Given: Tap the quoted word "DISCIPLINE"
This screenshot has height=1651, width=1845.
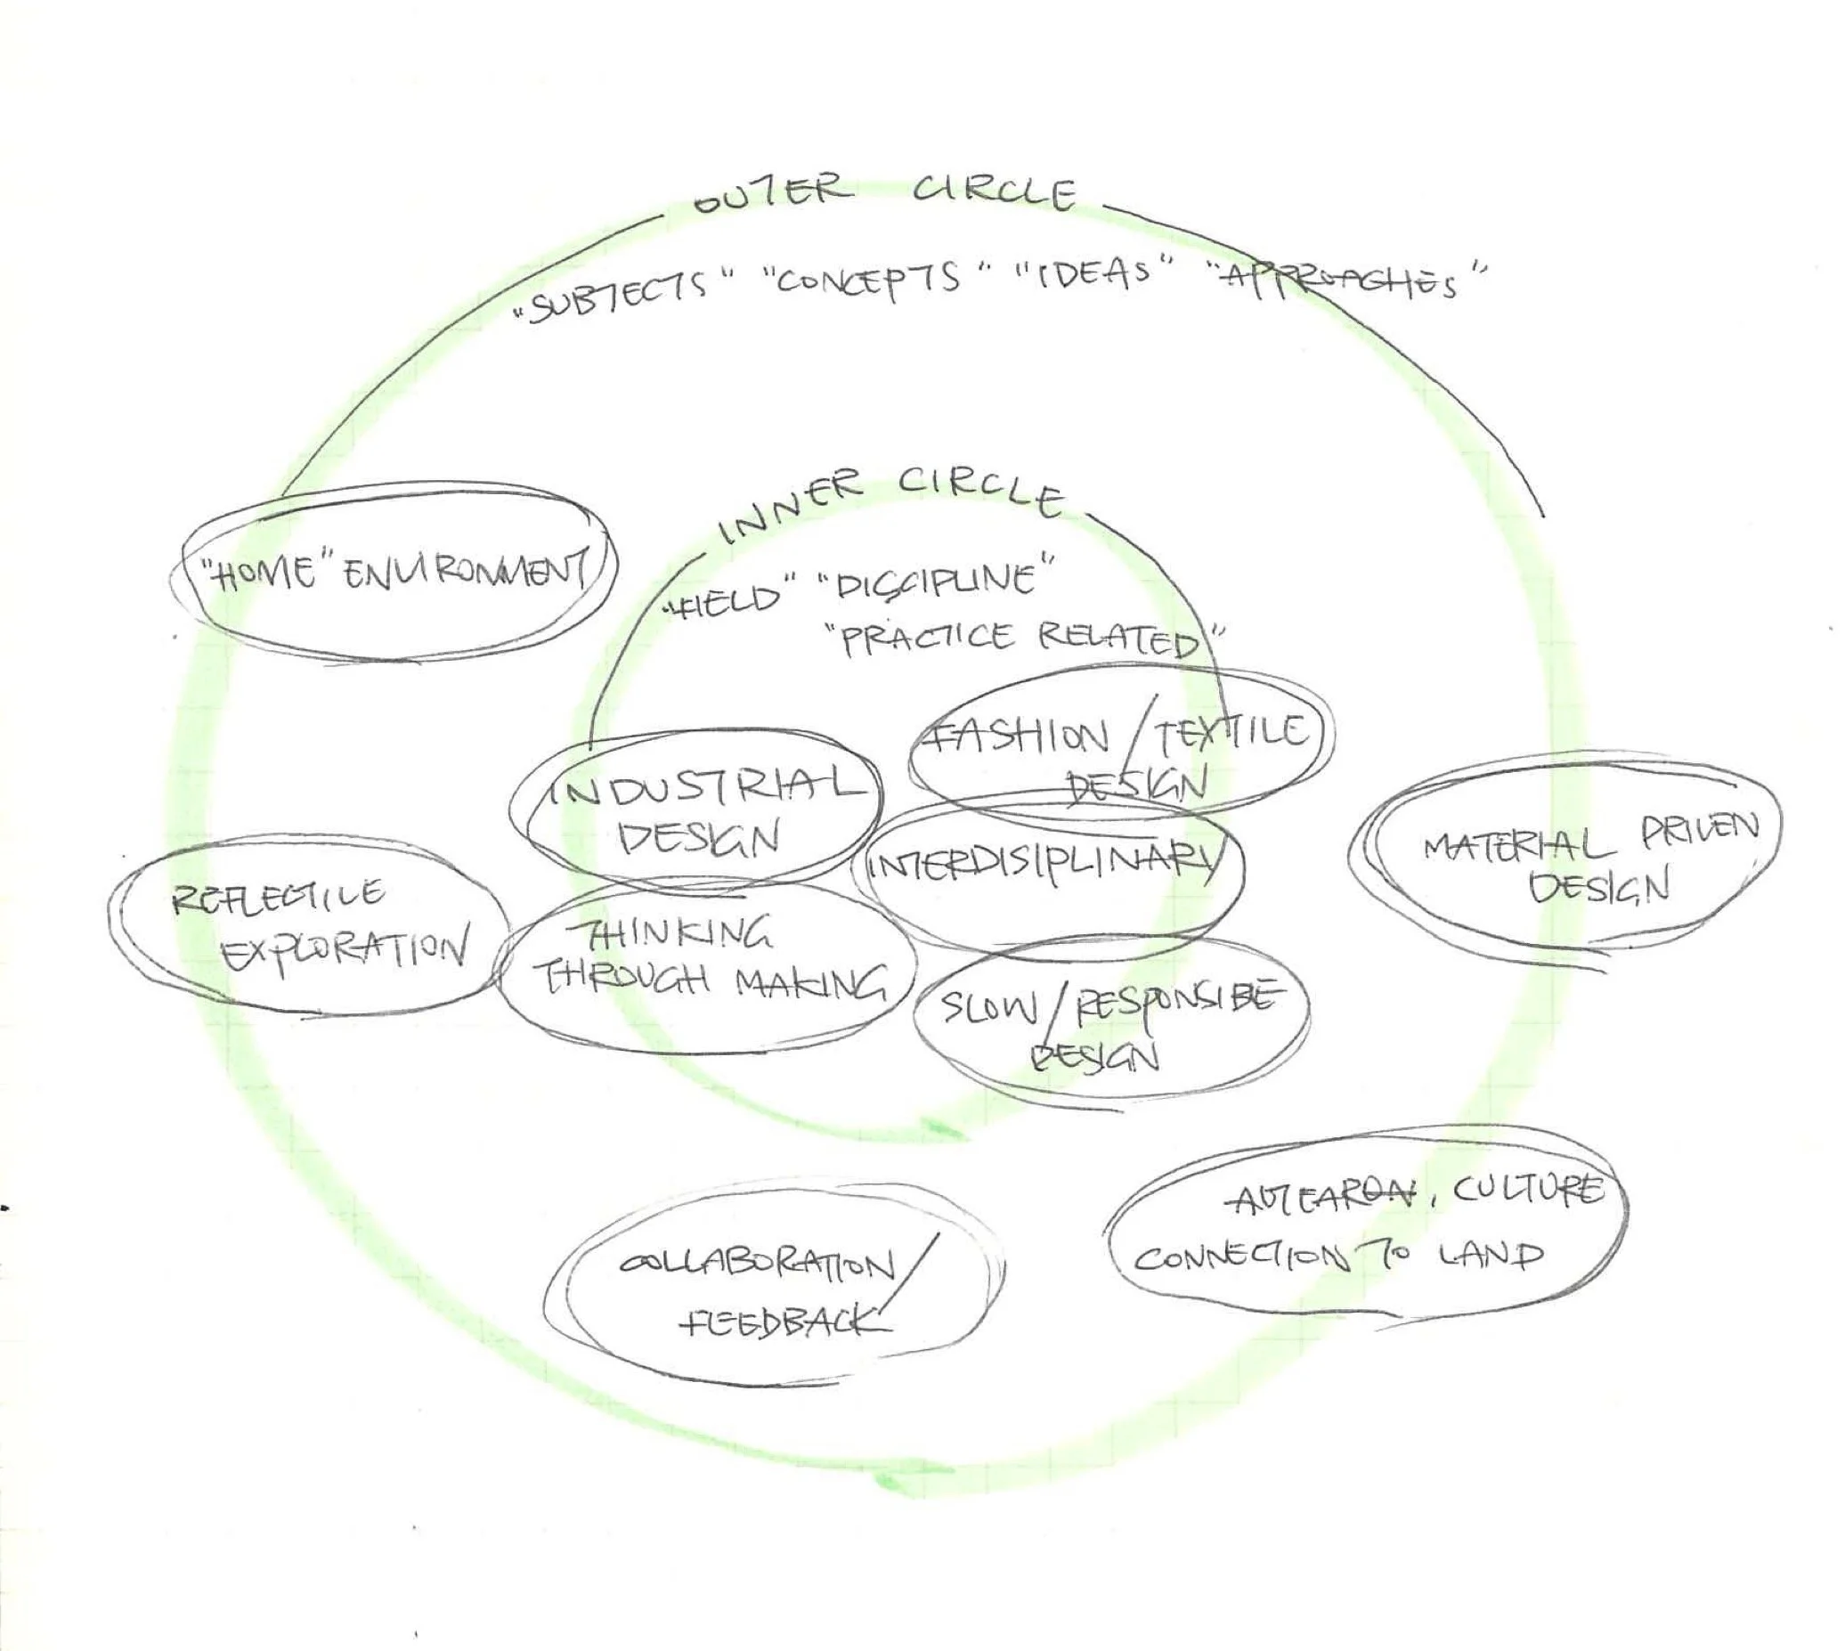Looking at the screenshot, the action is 934,581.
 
